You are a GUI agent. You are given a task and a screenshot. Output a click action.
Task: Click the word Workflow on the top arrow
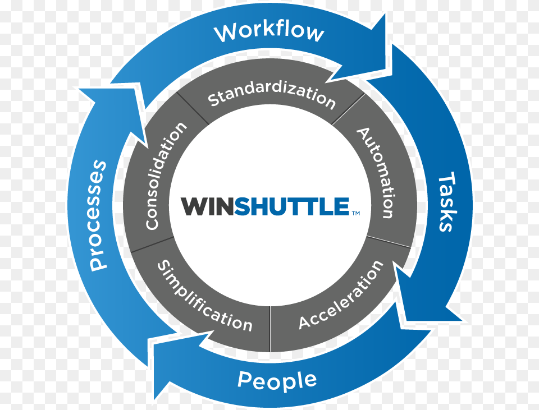269,32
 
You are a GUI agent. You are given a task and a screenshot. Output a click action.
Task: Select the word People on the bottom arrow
277,380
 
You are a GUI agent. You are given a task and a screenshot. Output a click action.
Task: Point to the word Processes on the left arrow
98,215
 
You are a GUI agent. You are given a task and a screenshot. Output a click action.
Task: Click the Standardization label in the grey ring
272,96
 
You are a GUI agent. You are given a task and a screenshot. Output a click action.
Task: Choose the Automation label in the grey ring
377,172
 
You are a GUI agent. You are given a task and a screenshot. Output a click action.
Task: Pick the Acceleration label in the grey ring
341,296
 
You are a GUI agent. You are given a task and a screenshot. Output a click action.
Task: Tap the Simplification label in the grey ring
204,296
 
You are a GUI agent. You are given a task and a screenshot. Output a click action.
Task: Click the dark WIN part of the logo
207,206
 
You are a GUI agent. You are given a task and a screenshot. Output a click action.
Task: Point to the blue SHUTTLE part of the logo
292,206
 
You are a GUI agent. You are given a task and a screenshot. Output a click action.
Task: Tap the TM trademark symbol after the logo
355,213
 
